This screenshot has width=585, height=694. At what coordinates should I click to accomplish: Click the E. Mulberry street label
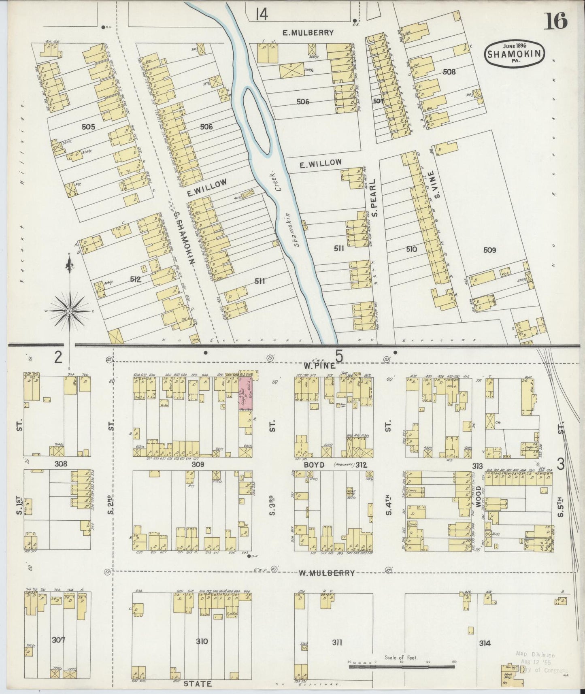308,33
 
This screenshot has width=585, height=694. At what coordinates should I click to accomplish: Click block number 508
449,72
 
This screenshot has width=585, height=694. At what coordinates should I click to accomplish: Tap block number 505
88,127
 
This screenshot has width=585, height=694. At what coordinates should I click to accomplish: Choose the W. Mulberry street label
327,573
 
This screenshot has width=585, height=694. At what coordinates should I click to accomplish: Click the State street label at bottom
198,683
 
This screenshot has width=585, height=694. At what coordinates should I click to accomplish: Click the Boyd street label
314,465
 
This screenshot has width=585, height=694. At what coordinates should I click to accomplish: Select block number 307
59,640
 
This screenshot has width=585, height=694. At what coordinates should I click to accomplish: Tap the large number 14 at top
262,15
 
